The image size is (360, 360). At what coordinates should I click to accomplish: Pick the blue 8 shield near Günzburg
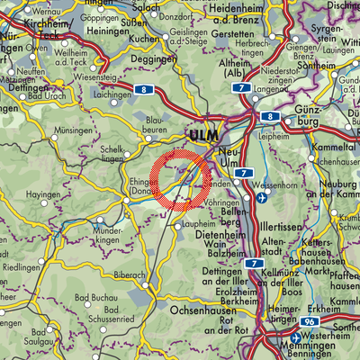pos(270,117)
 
